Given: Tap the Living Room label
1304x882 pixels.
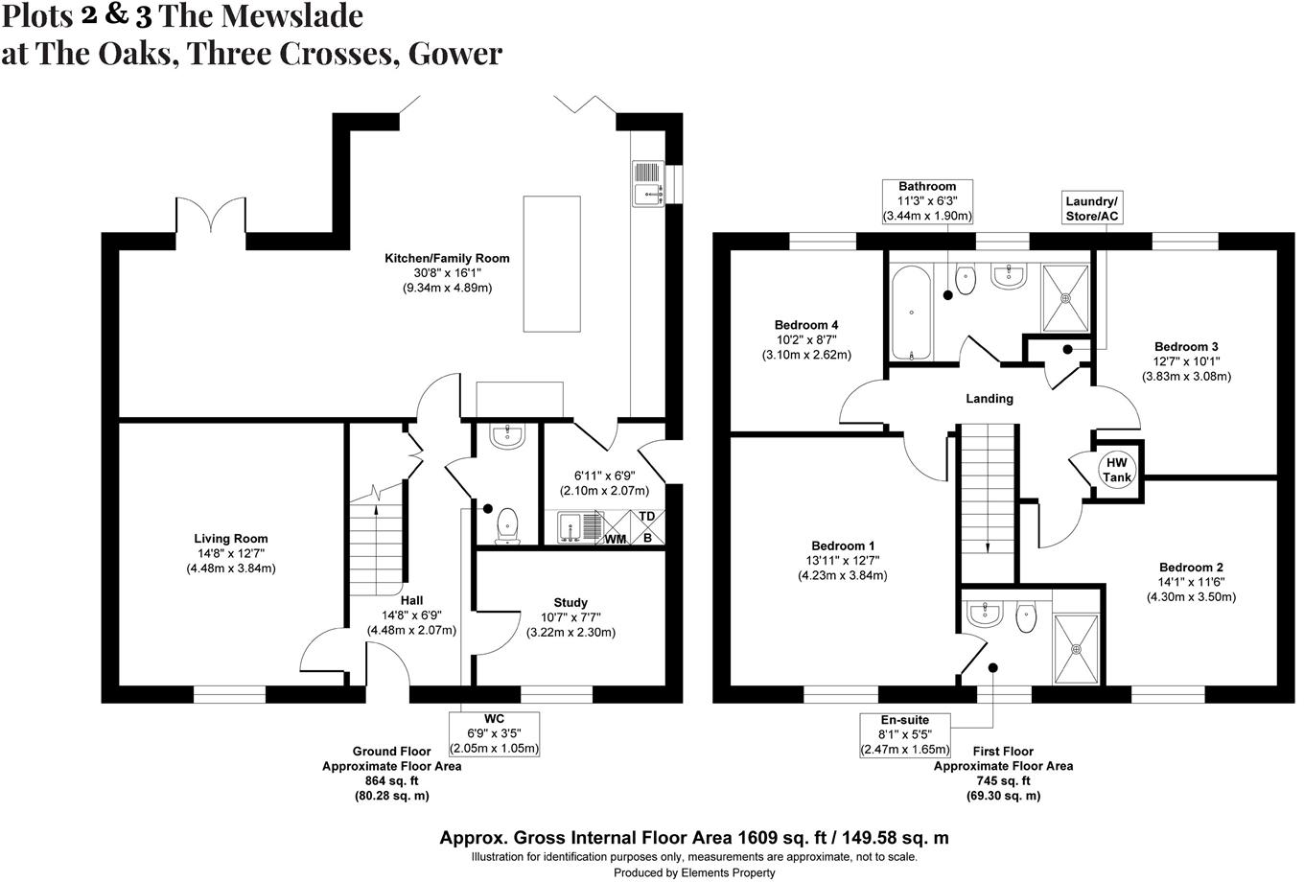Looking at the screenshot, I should click(x=231, y=539).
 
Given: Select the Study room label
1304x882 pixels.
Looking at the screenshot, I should click(x=570, y=603).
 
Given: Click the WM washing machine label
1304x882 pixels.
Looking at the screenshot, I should click(x=615, y=539).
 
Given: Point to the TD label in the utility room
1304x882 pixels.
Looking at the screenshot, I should click(x=647, y=517).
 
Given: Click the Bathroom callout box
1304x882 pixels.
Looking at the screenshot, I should click(x=927, y=201).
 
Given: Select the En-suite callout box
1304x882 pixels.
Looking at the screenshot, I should click(x=904, y=734).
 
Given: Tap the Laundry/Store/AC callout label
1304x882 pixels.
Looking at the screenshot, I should click(x=1092, y=208).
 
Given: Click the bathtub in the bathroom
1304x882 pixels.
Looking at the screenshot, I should click(x=911, y=313).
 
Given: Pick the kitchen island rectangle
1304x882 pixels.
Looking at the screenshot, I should click(x=551, y=264).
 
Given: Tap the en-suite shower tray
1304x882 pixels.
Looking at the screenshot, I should click(x=1074, y=648).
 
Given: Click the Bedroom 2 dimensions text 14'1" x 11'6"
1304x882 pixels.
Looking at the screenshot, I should click(x=1191, y=582).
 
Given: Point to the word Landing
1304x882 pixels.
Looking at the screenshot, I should click(x=989, y=399).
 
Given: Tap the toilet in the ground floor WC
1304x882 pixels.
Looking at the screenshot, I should click(x=507, y=524).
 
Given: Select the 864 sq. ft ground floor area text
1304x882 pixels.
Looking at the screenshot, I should click(x=391, y=781).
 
